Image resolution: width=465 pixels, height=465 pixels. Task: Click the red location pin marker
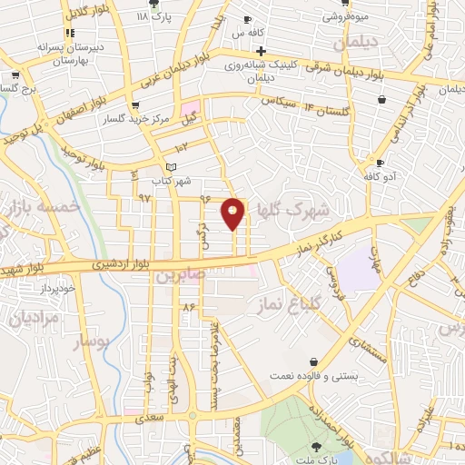click(233, 213)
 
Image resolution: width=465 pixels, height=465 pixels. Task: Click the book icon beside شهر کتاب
click(172, 167)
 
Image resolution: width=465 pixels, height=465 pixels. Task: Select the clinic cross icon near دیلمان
click(261, 50)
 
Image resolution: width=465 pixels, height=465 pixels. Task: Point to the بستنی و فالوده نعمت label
click(312, 375)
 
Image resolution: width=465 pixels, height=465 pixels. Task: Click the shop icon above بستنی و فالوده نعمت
click(313, 361)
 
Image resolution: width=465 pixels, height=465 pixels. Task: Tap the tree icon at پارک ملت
click(316, 446)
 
